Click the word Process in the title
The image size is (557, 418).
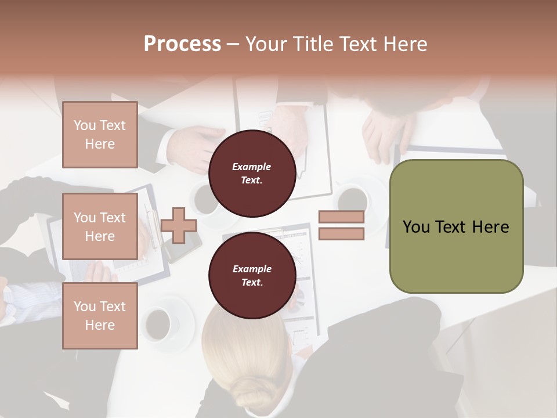pyautogui.click(x=182, y=44)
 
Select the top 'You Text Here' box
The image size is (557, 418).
pyautogui.click(x=100, y=135)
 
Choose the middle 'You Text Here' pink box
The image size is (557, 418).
pyautogui.click(x=100, y=226)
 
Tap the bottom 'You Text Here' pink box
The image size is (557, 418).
pyautogui.click(x=100, y=316)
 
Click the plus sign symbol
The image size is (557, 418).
pyautogui.click(x=179, y=225)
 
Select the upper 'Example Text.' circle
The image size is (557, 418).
pyautogui.click(x=252, y=173)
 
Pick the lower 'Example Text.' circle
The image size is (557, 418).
pyautogui.click(x=252, y=275)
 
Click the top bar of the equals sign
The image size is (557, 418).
pyautogui.click(x=341, y=217)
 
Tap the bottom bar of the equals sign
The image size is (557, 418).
pyautogui.click(x=341, y=234)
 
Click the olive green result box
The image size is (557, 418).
pyautogui.click(x=456, y=226)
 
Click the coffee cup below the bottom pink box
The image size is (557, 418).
pyautogui.click(x=158, y=323)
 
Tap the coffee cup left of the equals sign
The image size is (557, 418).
pyautogui.click(x=352, y=200)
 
